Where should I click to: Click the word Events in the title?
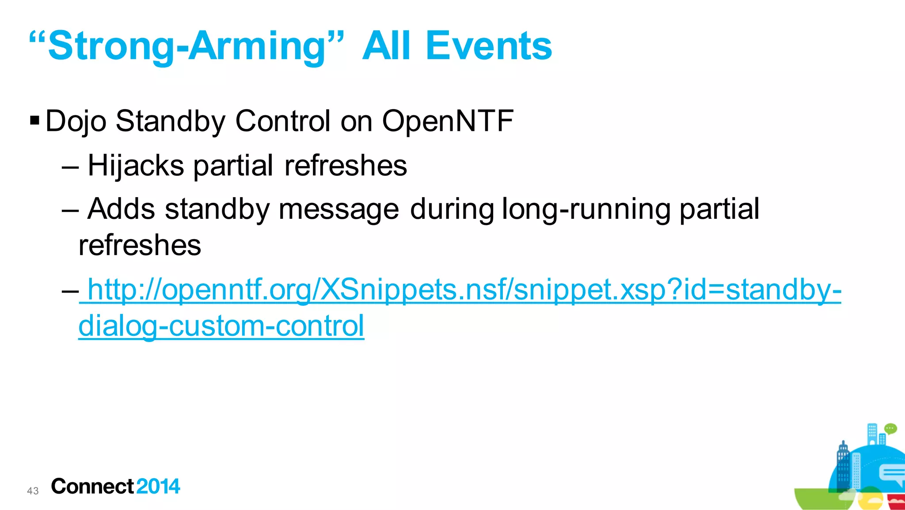[488, 46]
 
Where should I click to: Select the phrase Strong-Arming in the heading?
[186, 46]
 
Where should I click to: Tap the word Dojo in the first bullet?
[76, 121]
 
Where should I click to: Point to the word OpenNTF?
[448, 121]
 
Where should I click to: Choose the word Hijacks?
[136, 166]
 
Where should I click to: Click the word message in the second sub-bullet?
[338, 209]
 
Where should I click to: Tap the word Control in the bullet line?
[283, 121]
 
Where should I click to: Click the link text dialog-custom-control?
[221, 326]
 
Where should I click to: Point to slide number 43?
[33, 491]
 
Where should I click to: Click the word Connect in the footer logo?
[92, 487]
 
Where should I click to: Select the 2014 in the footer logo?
[158, 487]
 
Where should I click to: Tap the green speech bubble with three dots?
[890, 428]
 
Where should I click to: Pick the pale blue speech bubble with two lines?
[892, 475]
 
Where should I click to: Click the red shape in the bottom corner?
[896, 502]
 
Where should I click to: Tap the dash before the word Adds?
[71, 210]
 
